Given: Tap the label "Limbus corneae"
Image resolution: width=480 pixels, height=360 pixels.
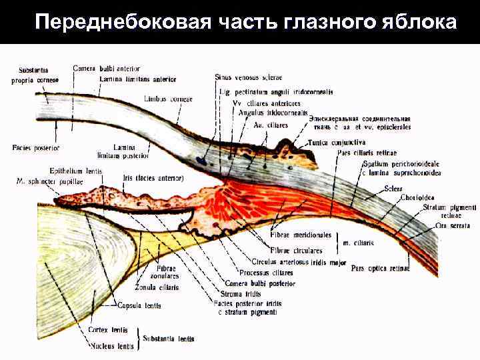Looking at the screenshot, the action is pos(167,99).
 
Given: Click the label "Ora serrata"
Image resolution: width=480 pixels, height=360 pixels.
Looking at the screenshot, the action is pos(452,226).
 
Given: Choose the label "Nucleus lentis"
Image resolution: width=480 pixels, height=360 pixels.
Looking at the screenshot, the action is pos(111,346).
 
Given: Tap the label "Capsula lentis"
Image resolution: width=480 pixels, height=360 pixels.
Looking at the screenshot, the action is pos(137,306).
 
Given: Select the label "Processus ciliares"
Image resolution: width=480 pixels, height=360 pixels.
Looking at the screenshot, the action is pos(265,273).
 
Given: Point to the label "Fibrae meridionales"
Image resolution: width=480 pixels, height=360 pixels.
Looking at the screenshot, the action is pos(301,235).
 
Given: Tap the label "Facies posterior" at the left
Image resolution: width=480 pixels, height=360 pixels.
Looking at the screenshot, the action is pos(35,147).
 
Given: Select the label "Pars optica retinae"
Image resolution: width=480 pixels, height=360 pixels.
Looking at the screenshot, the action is pos(380,269).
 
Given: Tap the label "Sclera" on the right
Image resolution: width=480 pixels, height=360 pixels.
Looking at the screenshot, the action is pos(393,189).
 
